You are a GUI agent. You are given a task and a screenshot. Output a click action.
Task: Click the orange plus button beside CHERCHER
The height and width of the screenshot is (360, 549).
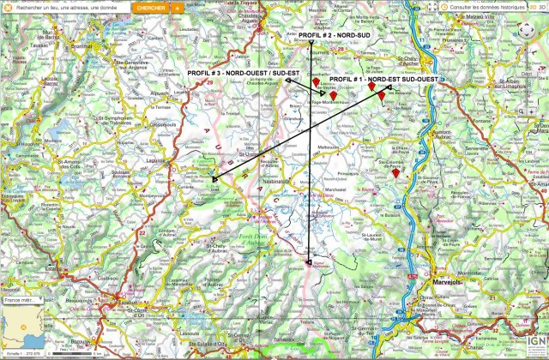(x=176, y=7)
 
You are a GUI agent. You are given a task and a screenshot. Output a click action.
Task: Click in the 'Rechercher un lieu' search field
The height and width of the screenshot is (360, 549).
(x=64, y=7)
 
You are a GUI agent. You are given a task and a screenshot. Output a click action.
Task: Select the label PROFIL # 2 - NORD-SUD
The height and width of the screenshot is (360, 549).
(x=334, y=35)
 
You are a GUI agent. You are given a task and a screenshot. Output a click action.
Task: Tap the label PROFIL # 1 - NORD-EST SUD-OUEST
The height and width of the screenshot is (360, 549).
(x=383, y=79)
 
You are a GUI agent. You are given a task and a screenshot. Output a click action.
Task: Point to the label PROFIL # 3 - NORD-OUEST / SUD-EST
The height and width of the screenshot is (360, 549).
(x=244, y=75)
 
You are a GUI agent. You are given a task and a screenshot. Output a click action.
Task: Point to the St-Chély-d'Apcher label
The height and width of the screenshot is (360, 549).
(x=413, y=59)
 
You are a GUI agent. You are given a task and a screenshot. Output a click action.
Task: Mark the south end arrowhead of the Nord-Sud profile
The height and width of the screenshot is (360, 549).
(x=309, y=262)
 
